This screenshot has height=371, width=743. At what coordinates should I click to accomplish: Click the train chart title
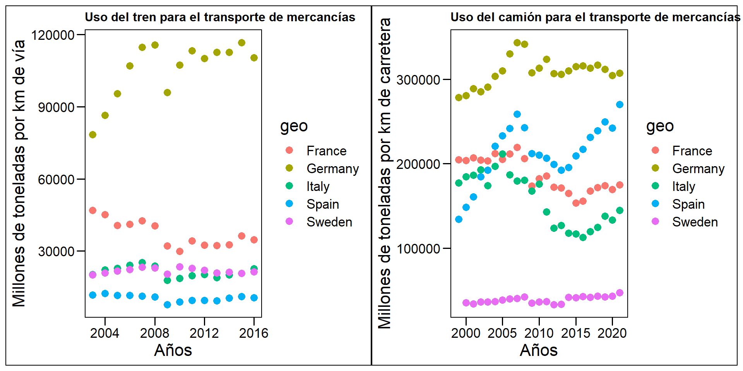point(220,17)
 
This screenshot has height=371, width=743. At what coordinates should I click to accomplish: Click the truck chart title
point(595,17)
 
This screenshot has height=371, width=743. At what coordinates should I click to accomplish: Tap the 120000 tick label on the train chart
point(53,35)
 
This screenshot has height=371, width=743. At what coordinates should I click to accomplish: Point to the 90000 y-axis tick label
point(56,107)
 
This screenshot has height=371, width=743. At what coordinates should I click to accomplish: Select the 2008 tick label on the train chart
point(154,333)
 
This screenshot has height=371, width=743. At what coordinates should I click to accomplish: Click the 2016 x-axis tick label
point(253,333)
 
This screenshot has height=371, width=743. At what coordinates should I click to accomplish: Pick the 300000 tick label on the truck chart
point(418,80)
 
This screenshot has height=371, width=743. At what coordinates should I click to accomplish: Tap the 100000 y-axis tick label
point(418,248)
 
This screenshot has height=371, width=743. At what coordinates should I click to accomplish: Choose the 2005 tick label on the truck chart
point(502,333)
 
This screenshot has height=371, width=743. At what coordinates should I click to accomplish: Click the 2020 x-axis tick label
point(612,333)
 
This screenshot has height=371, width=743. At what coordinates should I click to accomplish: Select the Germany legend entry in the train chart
point(332,168)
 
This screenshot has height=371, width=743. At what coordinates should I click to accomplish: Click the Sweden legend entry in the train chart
point(329,222)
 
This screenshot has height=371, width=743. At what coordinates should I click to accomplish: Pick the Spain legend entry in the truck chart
point(688,204)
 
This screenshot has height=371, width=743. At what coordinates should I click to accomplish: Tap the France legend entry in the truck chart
point(692,151)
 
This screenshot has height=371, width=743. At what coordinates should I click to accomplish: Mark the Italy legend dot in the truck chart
point(655,186)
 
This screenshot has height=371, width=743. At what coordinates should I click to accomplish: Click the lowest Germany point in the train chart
point(92,134)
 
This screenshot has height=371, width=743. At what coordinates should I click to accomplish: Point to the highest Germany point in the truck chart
point(517,43)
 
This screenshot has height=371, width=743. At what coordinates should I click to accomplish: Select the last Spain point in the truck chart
point(620,104)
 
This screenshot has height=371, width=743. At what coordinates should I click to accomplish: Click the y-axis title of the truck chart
point(385,173)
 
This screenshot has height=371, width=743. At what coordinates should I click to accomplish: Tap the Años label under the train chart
point(173,350)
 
